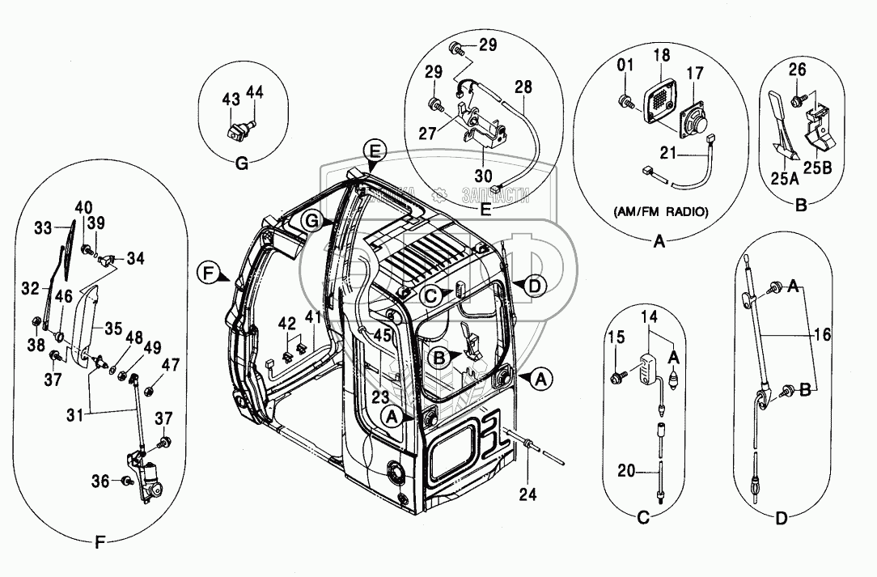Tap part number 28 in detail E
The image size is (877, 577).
[x=523, y=86]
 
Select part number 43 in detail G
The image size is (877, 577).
[x=231, y=98]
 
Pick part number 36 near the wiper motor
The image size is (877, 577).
[x=100, y=481]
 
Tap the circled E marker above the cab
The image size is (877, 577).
[x=373, y=151]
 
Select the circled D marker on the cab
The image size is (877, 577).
[x=534, y=285]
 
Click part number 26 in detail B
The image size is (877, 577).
[x=797, y=70]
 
